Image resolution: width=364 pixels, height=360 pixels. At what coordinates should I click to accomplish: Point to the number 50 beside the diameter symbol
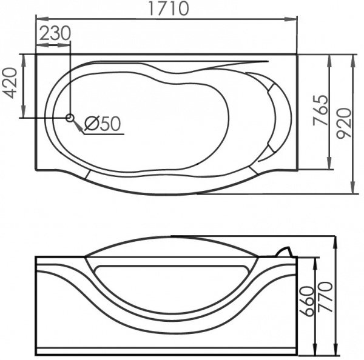point(110,124)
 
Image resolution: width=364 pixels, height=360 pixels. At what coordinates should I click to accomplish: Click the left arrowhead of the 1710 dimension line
point(40,19)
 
